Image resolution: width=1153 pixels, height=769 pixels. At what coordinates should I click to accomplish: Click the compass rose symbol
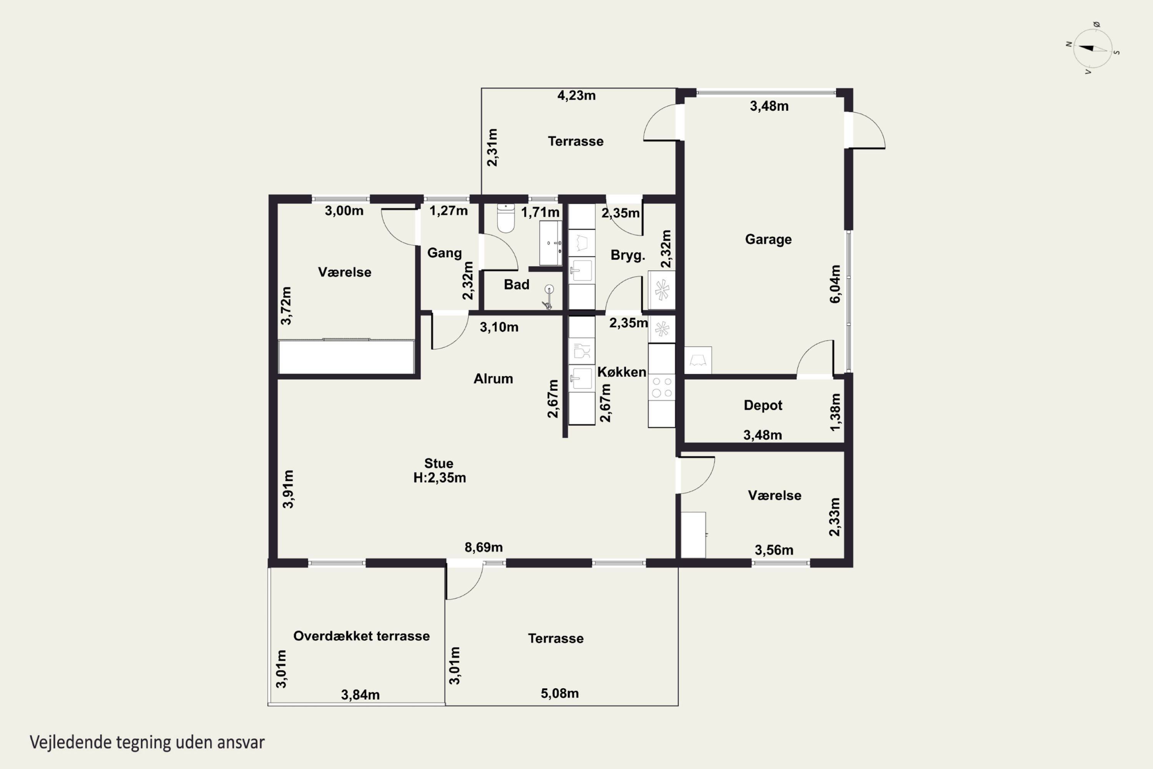click(1093, 48)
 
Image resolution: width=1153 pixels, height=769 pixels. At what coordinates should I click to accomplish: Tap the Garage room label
click(768, 239)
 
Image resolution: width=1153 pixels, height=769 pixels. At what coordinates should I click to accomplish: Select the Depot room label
click(763, 405)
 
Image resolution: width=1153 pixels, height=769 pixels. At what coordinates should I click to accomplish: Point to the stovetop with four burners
click(662, 387)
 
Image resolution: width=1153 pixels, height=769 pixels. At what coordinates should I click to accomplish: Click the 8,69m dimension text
click(483, 547)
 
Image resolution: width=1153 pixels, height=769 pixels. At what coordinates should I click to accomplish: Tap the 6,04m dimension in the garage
click(835, 284)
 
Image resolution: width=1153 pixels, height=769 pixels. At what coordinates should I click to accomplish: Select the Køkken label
click(621, 372)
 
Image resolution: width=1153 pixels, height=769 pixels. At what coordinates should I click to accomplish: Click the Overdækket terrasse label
click(361, 636)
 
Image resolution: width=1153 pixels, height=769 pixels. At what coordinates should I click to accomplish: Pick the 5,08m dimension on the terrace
click(559, 694)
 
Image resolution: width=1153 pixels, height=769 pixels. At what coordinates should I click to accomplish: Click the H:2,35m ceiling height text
click(440, 478)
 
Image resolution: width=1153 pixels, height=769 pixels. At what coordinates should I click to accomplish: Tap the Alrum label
click(493, 379)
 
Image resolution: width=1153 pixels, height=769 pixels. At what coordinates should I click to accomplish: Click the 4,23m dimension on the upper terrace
click(576, 95)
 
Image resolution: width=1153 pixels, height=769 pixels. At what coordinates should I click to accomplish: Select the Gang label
click(444, 253)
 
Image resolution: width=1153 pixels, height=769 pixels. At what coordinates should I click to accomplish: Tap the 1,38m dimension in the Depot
click(835, 412)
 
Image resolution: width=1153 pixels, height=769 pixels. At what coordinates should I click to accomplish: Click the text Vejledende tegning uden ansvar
click(147, 742)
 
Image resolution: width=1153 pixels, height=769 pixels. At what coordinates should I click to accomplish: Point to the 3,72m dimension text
click(286, 306)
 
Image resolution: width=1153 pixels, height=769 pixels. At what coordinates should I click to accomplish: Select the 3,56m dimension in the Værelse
click(774, 550)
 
